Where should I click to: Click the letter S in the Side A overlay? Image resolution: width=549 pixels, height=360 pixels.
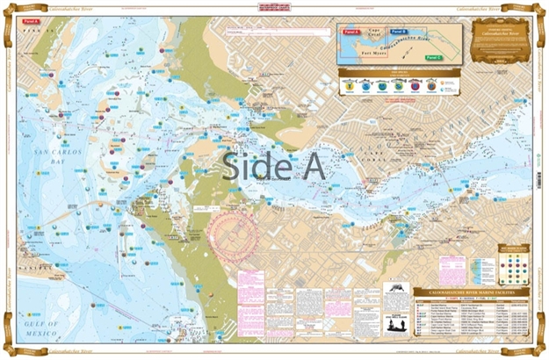231,166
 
